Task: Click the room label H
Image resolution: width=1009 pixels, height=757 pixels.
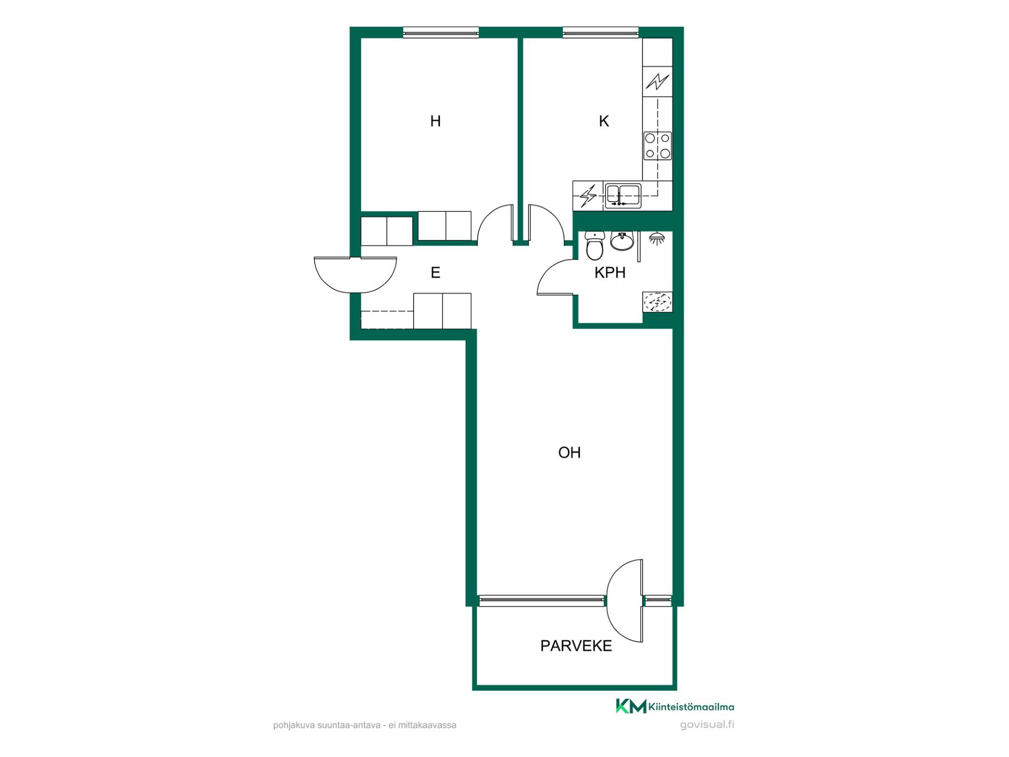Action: [x=435, y=121]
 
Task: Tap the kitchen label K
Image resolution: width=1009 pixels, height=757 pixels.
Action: [x=604, y=121]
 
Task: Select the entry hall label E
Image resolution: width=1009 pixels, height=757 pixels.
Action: [x=435, y=273]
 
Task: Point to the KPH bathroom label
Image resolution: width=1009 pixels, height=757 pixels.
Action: [x=610, y=273]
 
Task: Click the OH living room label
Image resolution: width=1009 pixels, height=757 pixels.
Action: [x=569, y=453]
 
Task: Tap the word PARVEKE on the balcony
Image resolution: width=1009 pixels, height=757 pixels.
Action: [x=576, y=646]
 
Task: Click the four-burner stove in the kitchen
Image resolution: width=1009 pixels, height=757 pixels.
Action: [x=657, y=146]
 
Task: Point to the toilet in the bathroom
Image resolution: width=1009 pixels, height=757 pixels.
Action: [x=595, y=247]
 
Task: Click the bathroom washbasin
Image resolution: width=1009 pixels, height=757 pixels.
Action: [x=623, y=241]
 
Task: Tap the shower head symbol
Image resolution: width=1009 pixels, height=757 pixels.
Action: [x=656, y=238]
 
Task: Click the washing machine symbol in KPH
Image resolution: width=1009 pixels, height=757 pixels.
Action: [x=657, y=302]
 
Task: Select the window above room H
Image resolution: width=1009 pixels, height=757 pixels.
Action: [x=441, y=33]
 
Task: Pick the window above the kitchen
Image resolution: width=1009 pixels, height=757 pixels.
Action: [x=601, y=33]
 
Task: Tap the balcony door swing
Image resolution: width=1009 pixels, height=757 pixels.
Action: [x=625, y=600]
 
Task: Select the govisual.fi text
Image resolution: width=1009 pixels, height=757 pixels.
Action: [x=707, y=725]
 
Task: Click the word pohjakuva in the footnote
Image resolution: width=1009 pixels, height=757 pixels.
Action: [x=293, y=725]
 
